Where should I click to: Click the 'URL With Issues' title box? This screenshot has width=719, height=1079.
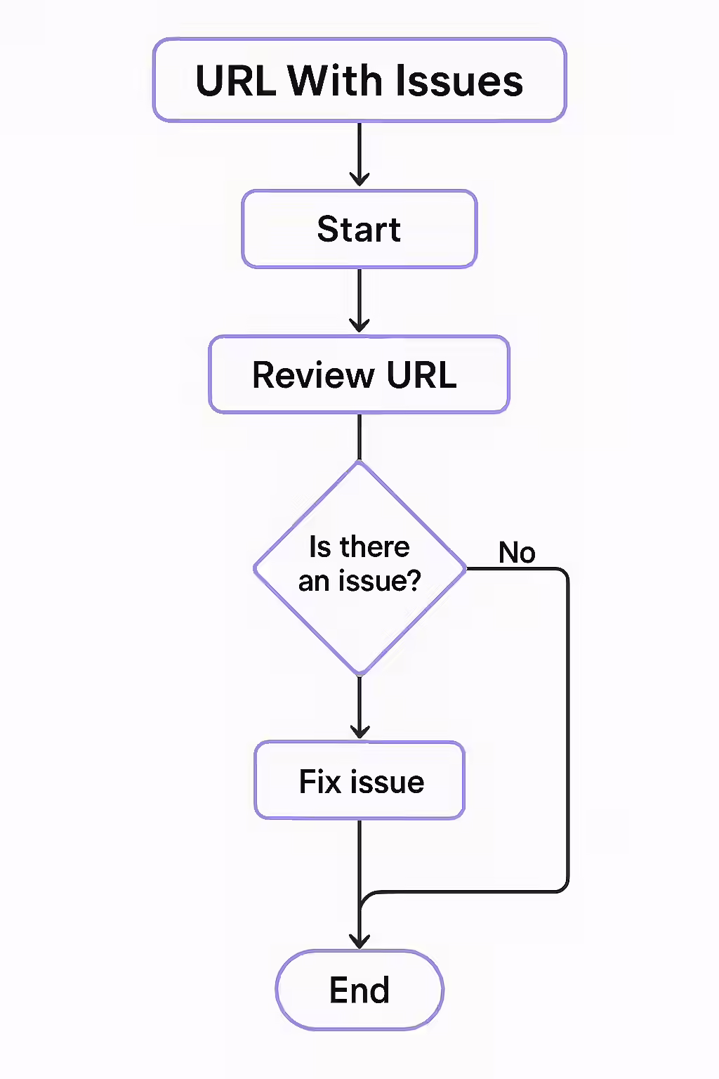coord(359,80)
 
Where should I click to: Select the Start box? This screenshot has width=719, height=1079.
coord(359,229)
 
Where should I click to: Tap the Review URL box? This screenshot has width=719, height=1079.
coord(359,374)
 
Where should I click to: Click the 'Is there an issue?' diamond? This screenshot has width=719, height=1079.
coord(359,568)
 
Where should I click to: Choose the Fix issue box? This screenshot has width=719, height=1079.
coord(359,781)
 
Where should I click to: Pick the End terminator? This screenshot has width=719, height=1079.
coord(359,990)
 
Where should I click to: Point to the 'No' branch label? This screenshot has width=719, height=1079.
coord(517,553)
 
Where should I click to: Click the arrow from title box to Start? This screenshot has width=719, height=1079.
coord(359,155)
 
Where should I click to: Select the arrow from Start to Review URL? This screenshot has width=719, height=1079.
coord(359,301)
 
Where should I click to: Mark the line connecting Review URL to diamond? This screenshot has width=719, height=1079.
coord(359,437)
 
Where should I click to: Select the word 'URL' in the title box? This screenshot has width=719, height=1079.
coord(236,81)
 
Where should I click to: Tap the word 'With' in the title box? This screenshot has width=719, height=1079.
coord(334,81)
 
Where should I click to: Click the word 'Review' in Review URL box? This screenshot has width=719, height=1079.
coord(313,375)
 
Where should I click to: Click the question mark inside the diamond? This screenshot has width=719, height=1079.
coord(414,581)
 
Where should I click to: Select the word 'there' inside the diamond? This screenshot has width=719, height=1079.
coord(374,547)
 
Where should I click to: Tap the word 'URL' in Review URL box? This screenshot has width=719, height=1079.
coord(421,375)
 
